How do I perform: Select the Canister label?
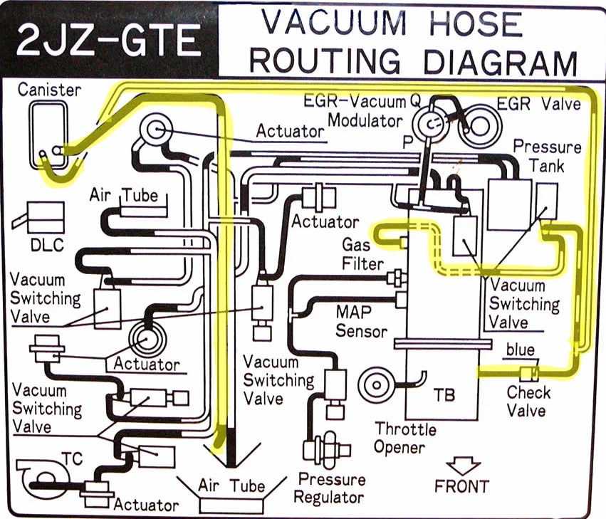point(49,90)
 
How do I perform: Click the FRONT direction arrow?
point(461,467)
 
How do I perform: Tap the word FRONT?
point(462,487)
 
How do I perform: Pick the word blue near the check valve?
point(520,350)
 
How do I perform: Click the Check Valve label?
point(528,401)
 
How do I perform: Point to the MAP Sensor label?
point(361,322)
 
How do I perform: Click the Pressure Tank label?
point(547,157)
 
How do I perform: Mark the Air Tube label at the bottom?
point(231,487)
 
